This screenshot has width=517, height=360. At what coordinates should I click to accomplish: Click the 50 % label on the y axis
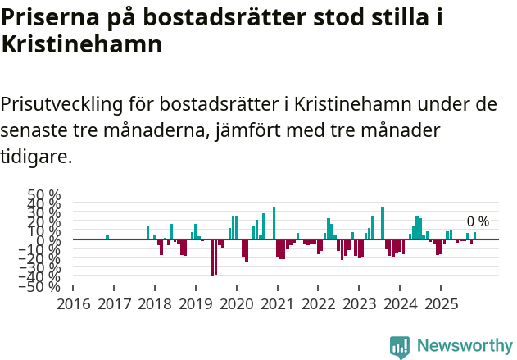tap(44, 196)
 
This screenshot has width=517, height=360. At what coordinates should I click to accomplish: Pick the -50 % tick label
tap(42, 286)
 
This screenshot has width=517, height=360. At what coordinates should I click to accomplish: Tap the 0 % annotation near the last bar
tap(478, 221)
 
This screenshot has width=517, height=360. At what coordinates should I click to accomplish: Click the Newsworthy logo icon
tap(400, 347)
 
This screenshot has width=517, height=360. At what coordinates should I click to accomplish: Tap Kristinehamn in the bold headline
tap(81, 46)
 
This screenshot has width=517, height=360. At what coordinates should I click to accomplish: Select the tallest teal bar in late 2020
tap(274, 223)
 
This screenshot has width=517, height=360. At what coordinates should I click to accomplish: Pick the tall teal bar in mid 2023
tap(383, 223)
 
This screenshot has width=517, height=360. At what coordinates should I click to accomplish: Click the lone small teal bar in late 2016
tap(107, 238)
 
